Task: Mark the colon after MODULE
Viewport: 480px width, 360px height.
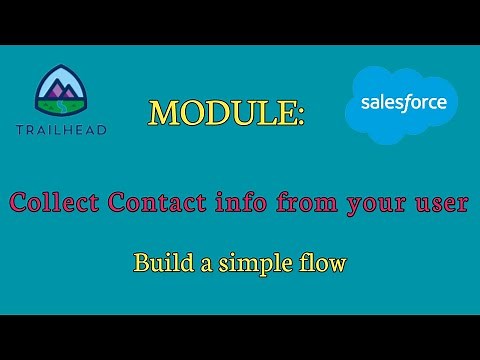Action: coord(300,118)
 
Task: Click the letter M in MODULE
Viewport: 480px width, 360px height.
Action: coord(165,113)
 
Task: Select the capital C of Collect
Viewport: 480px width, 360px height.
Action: coord(19,203)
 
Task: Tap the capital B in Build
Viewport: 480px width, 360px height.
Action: coord(141,265)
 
